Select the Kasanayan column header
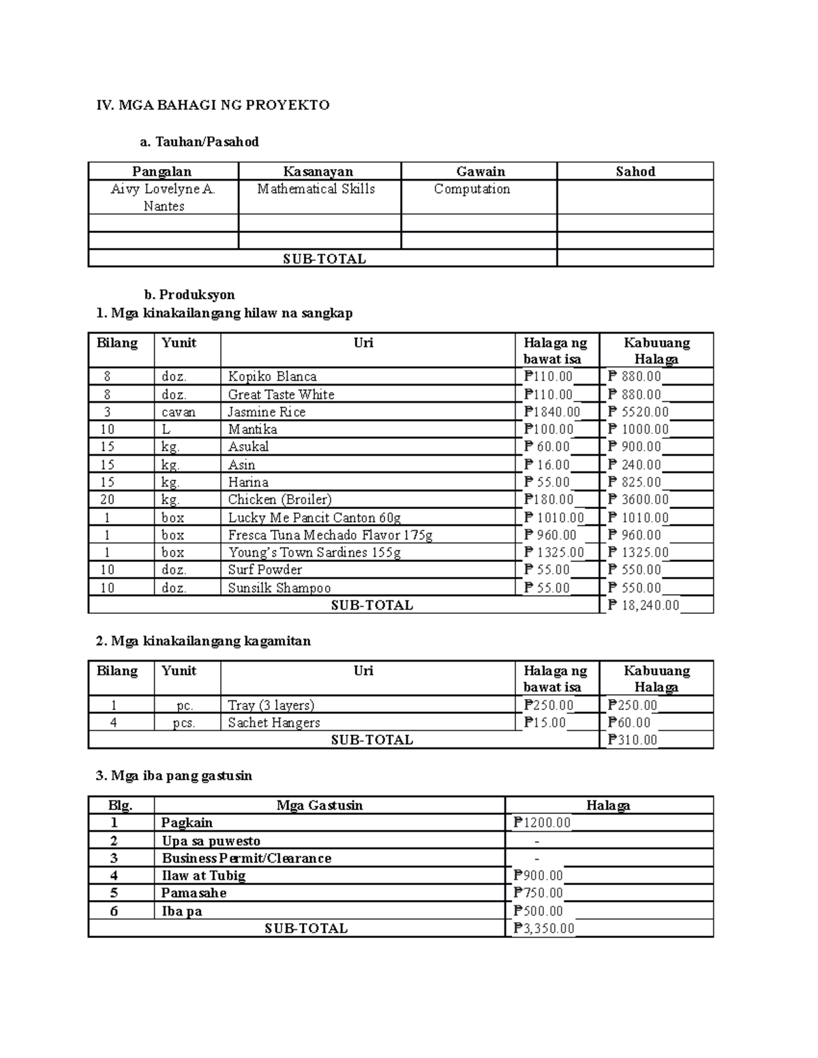click(x=318, y=172)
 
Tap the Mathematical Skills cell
click(x=316, y=189)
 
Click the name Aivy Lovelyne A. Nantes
click(x=163, y=198)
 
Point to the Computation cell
click(x=472, y=189)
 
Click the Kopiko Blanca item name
click(x=272, y=377)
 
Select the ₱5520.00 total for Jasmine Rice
click(x=638, y=412)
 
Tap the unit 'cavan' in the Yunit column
click(x=178, y=412)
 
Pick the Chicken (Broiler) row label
click(x=279, y=499)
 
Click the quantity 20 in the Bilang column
click(x=107, y=499)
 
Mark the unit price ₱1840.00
click(x=552, y=412)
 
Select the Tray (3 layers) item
click(x=271, y=705)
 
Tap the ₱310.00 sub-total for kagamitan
click(x=632, y=740)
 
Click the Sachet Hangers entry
click(x=273, y=723)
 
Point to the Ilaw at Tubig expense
click(x=203, y=875)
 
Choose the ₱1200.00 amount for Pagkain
click(x=542, y=823)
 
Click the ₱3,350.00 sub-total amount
click(x=544, y=929)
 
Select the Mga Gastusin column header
click(x=319, y=805)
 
